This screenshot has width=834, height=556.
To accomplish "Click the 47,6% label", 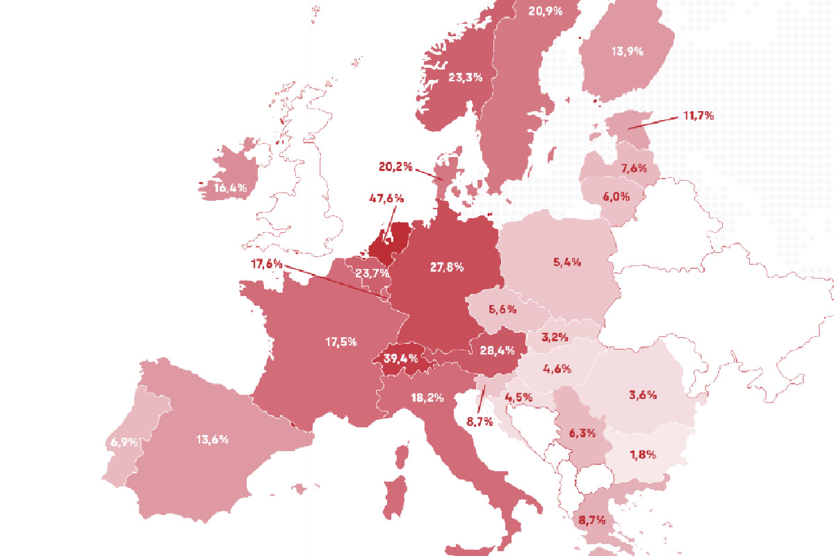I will point(386,198).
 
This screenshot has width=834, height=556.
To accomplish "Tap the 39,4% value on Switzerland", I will point(400,359).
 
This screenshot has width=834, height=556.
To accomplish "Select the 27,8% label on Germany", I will point(446,267).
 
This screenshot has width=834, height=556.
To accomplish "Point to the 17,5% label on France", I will point(341,342).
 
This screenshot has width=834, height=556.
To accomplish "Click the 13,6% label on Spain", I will point(212,439).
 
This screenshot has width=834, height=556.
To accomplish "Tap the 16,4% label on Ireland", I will point(230,188).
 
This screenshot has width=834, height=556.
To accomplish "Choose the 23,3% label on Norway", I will point(465,78).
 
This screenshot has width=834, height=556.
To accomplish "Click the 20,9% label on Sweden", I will point(544,11).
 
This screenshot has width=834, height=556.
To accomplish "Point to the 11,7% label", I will point(698,116).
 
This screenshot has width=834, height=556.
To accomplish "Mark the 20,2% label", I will point(396,167).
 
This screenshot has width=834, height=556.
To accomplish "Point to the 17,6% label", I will point(267,264).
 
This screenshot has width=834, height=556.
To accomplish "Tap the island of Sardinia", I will point(396,495).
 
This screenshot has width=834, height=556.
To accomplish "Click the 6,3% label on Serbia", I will point(582,433).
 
